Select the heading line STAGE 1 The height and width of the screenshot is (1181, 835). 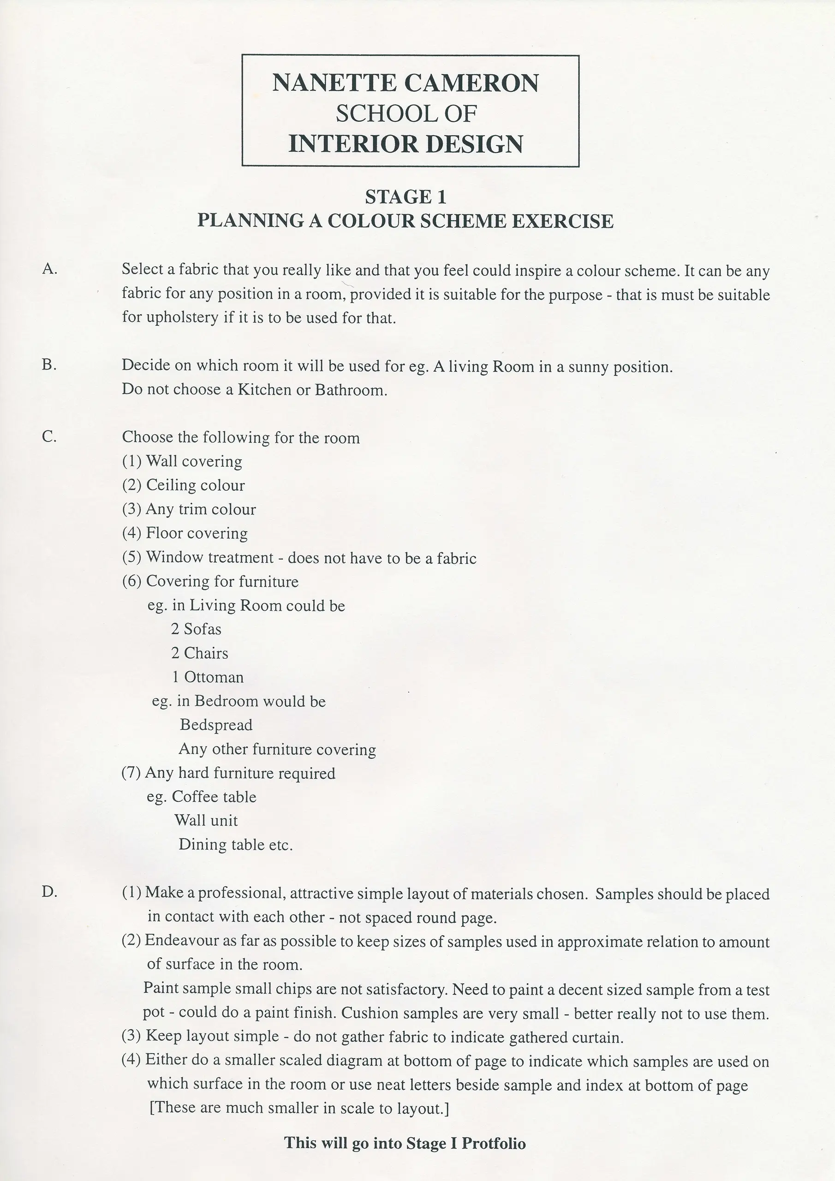pos(406,197)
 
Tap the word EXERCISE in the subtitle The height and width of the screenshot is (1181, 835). pos(562,221)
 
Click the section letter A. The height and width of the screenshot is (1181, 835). pos(49,268)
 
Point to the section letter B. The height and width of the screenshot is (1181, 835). pos(49,365)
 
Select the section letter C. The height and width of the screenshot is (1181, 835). pos(49,437)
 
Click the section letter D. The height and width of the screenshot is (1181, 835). pos(49,892)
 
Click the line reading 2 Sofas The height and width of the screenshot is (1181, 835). pos(196,629)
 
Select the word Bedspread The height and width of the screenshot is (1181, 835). pos(216,725)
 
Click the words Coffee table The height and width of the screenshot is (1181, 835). pos(214,797)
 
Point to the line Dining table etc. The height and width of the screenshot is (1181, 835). pos(235,845)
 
